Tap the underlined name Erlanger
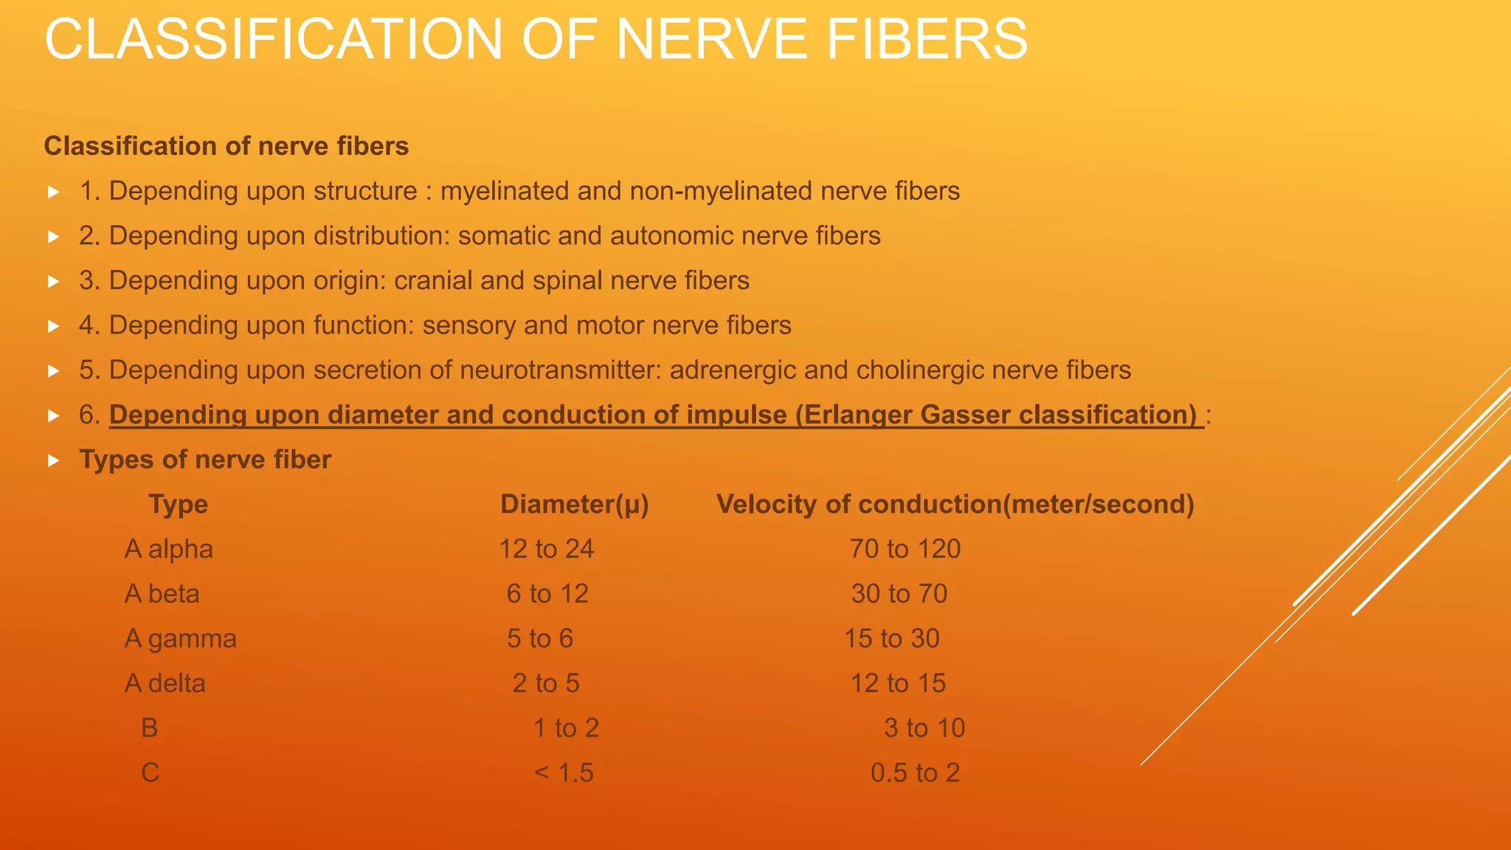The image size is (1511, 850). click(x=857, y=415)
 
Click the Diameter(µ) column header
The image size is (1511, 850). click(x=574, y=505)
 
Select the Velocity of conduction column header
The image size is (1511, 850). click(x=955, y=505)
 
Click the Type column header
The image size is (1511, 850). click(x=178, y=505)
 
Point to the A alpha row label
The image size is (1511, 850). click(x=168, y=550)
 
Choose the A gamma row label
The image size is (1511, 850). click(x=180, y=639)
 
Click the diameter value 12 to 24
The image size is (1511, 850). click(x=546, y=550)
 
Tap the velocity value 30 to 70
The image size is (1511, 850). click(x=899, y=594)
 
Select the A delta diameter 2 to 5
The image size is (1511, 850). click(x=546, y=684)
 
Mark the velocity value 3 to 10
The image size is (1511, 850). click(x=924, y=728)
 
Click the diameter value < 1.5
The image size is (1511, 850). click(x=564, y=773)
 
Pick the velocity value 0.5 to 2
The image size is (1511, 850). click(x=915, y=773)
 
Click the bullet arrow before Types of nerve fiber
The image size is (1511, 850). click(x=53, y=460)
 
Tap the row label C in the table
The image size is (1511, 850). click(x=150, y=773)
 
